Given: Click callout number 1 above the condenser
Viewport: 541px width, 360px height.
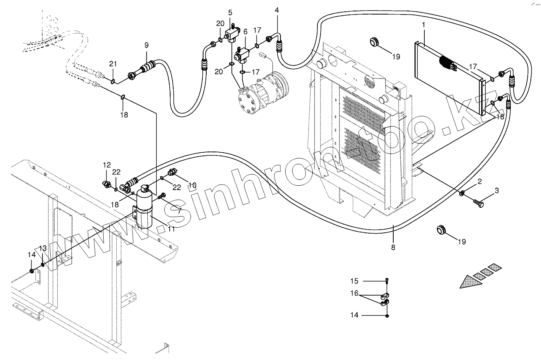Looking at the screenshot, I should tap(424, 25).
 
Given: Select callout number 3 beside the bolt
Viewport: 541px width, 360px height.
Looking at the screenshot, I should tap(497, 191).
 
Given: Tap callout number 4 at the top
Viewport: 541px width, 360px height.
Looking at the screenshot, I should tap(277, 10).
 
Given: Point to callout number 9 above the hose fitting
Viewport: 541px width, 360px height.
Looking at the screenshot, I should tap(147, 45).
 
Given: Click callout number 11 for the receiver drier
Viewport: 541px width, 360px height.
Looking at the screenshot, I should tap(171, 228).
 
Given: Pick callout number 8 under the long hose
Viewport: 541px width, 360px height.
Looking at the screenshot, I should tap(393, 247).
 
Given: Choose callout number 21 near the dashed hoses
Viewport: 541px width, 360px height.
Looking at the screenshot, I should tap(113, 64).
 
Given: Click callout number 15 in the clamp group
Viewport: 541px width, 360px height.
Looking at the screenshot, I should tap(354, 281).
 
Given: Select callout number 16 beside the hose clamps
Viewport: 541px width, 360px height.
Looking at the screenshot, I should tap(354, 293).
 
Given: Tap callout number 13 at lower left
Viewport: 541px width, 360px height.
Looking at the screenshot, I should tap(43, 248).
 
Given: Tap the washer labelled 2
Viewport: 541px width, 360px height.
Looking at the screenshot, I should tap(463, 193).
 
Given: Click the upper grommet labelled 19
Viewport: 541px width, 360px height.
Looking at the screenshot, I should tap(375, 41).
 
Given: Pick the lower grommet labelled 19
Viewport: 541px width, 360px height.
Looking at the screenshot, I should tap(441, 229).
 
